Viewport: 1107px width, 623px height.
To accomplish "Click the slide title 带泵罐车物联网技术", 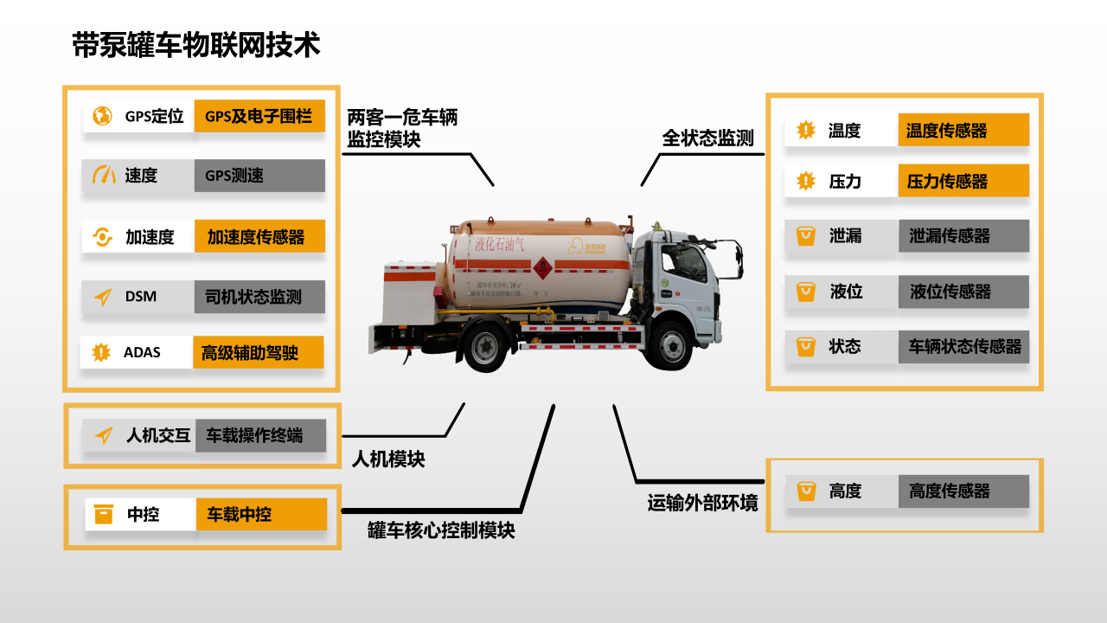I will (196, 45).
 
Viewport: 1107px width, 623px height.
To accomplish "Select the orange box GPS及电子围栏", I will (259, 115).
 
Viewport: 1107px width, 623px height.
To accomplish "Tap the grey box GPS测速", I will (259, 176).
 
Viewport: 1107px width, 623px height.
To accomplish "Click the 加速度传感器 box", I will (259, 236).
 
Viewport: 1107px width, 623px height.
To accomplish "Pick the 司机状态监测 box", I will (259, 297).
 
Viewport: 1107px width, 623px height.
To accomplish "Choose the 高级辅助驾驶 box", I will (257, 352).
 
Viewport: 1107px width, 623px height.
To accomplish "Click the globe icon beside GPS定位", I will (103, 116).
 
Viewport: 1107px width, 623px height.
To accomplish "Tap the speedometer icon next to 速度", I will (104, 176).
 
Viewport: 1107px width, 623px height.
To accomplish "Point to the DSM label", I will (141, 297).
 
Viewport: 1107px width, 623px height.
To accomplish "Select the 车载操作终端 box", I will (260, 435).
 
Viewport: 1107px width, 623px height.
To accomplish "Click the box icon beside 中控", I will (104, 514).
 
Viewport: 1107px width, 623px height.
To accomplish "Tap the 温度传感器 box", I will (963, 131).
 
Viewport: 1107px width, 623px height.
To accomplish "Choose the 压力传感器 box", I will (963, 182).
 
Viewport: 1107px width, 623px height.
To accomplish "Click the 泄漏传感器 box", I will (963, 235).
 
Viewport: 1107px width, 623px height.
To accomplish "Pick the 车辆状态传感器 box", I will (963, 347).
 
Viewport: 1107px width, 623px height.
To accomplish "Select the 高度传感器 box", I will (963, 491).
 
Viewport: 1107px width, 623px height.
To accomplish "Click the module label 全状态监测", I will (708, 138).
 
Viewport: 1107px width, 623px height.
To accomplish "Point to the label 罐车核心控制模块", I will (441, 530).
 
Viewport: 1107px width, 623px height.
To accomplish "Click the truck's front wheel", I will (673, 344).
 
